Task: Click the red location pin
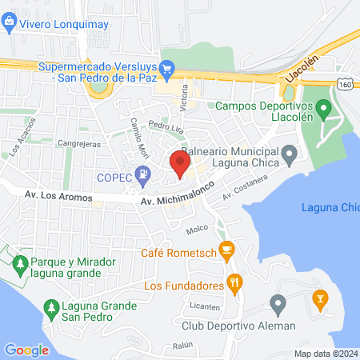180,165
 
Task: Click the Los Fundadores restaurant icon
234,282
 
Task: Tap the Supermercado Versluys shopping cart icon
167,67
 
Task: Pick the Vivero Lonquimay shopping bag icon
9,24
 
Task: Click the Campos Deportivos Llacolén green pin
323,106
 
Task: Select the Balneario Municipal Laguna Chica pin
289,152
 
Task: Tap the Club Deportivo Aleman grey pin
278,304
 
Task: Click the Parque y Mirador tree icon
20,262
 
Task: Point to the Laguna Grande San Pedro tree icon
52,307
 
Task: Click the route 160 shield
345,83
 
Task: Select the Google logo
26,350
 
